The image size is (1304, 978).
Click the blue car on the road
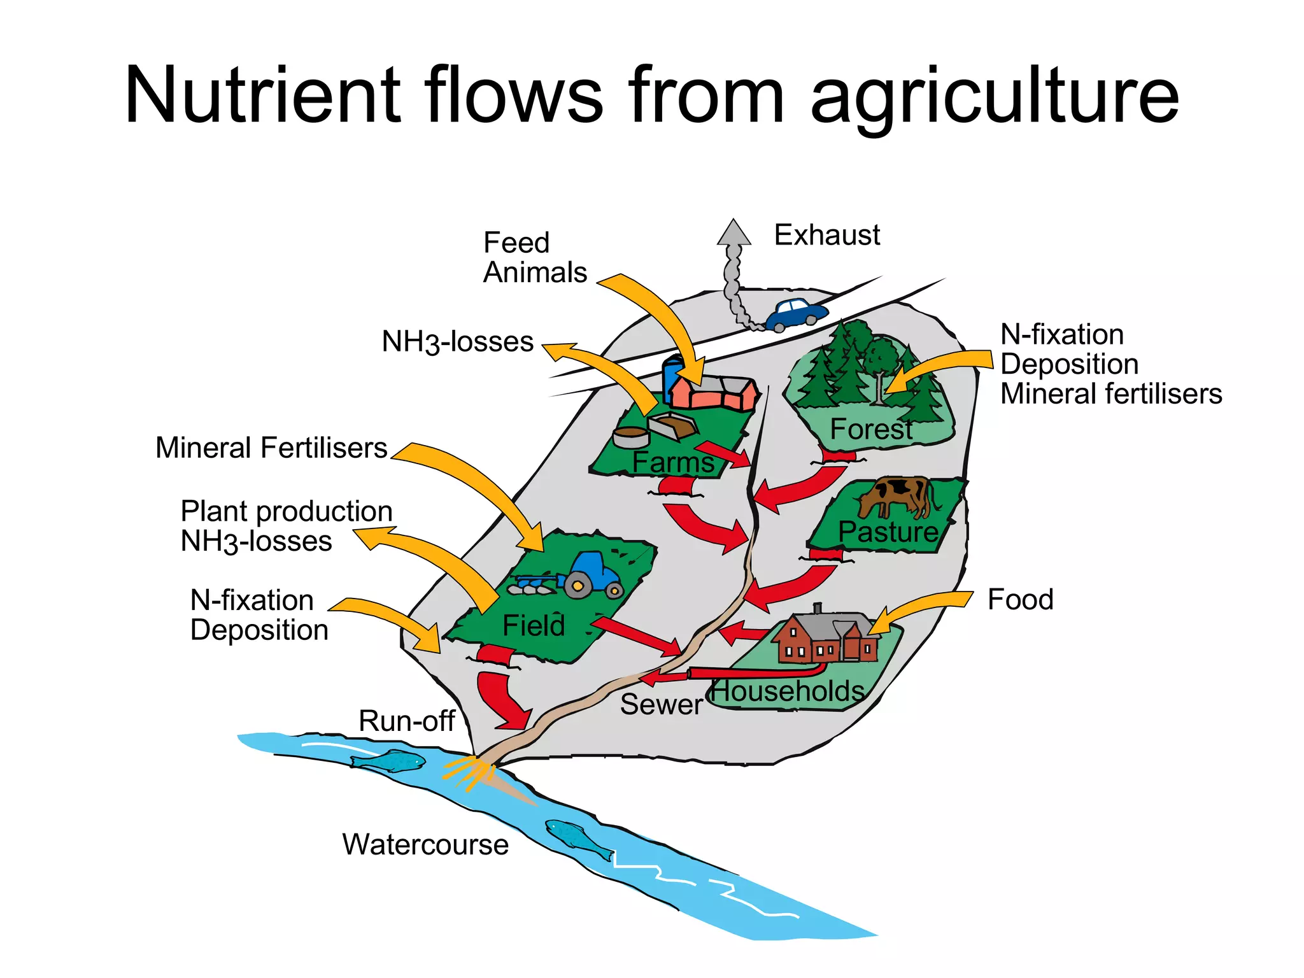796,314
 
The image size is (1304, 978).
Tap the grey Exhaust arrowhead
733,233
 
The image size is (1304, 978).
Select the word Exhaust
826,235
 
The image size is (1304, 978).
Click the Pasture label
888,532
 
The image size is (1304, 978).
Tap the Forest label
871,429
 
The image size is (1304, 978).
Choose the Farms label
673,462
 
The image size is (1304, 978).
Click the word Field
534,625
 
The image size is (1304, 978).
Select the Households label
788,691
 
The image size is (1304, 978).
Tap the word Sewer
661,704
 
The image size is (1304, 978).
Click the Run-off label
406,721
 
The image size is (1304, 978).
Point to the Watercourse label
425,844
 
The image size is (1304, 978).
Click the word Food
1020,599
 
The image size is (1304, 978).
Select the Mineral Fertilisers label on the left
271,448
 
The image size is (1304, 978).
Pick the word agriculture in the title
995,96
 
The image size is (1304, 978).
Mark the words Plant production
287,511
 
